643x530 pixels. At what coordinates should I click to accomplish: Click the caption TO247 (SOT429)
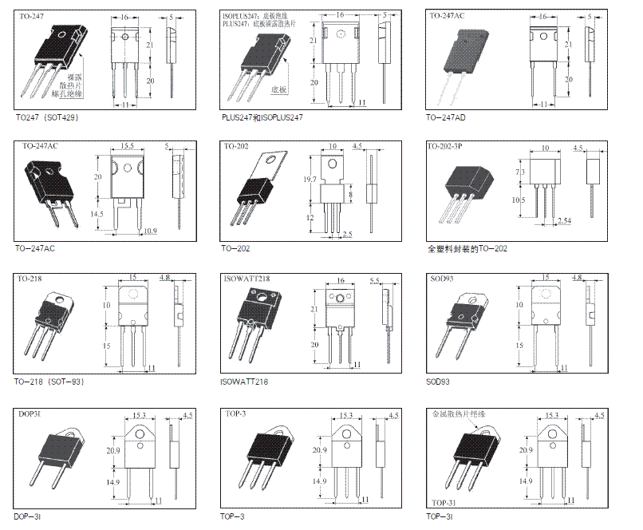click(47, 117)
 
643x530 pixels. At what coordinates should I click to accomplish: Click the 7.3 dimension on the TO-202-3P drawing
click(520, 172)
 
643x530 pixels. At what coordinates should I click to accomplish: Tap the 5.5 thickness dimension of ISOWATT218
click(376, 281)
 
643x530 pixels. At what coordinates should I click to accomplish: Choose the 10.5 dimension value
click(520, 200)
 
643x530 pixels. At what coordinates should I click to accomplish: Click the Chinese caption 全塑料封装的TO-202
click(467, 249)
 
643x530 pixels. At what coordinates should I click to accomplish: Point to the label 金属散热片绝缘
click(458, 414)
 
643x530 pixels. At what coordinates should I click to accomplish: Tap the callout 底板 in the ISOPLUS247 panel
click(278, 90)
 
